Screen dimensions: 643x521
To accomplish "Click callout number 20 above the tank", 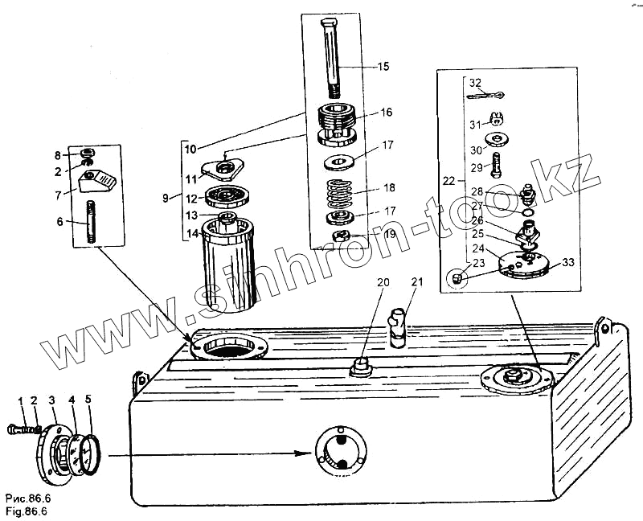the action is tap(383, 282).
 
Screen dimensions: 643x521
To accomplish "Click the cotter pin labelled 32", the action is tap(486, 96).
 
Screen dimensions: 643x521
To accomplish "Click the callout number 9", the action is tap(165, 197).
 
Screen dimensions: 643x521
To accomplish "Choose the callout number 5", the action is tap(89, 400).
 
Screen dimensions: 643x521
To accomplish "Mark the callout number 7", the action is tap(59, 194).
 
